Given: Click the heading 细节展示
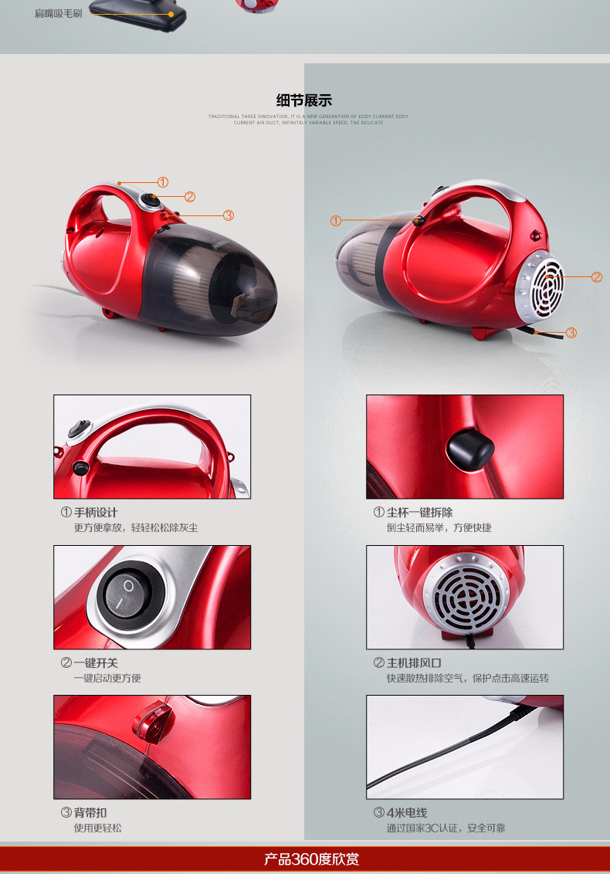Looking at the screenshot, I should pos(304,100).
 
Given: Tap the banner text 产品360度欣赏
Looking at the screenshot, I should pos(311,859).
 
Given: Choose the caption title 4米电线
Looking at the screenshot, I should pos(406,813).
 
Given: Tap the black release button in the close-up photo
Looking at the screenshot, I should pos(469,446).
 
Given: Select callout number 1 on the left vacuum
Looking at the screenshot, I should pos(163,182).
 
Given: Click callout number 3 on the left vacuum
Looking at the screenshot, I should pos(229,215).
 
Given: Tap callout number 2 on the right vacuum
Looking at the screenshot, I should pos(596,277).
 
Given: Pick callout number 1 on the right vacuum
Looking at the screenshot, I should pos(335,221).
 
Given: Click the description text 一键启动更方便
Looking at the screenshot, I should pos(107,678).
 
